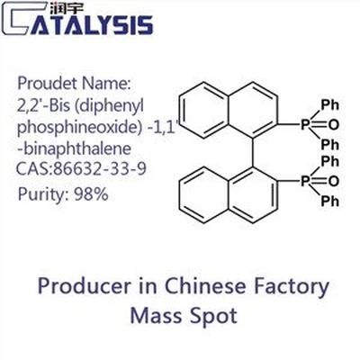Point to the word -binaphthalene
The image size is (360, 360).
75,148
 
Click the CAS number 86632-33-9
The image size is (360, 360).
100,169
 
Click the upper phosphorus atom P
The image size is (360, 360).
305,124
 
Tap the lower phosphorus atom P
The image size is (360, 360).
305,181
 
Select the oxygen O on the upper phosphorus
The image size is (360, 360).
333,125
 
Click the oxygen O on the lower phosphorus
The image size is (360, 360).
333,181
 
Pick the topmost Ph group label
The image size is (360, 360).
329,105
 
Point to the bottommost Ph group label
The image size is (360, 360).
329,202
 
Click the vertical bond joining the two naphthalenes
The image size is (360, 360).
253,152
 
